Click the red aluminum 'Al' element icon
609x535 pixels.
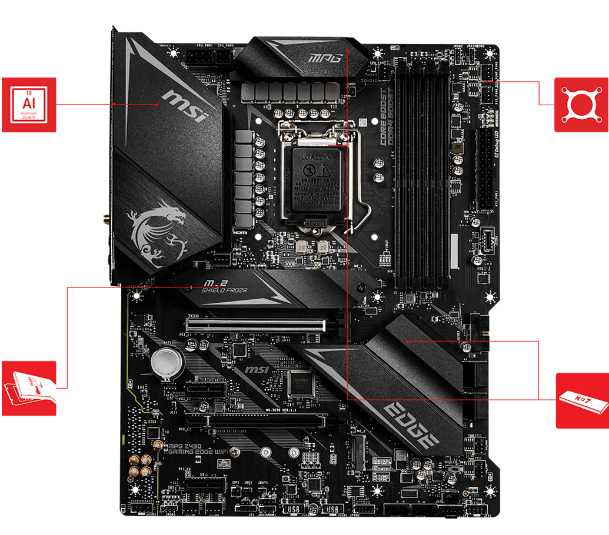[29, 105]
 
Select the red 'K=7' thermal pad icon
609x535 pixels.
[582, 400]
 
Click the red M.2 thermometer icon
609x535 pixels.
[29, 388]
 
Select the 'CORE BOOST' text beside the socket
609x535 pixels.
[383, 117]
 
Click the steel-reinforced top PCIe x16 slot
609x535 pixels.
[256, 323]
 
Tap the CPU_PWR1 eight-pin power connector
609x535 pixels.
[198, 58]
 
